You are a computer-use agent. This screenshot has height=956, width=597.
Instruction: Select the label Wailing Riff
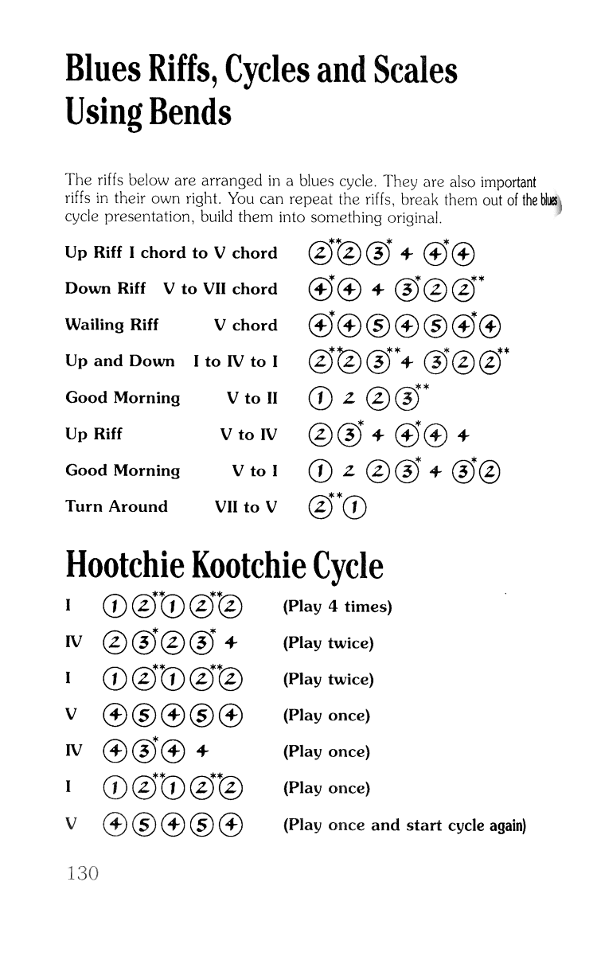pos(111,325)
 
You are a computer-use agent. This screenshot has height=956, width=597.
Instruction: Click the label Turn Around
pos(116,506)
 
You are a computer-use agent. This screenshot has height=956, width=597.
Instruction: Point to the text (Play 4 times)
pos(338,607)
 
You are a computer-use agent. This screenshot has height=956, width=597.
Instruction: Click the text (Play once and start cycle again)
pos(405,825)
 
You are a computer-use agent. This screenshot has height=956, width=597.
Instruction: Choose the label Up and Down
pos(119,361)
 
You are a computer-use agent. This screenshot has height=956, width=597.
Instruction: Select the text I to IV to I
pos(236,361)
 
